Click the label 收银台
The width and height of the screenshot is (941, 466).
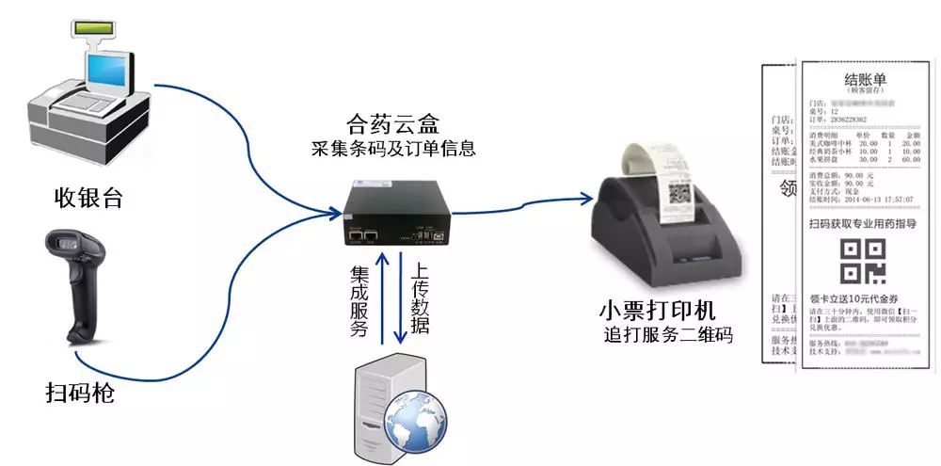(88, 198)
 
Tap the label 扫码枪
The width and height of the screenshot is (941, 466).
(80, 392)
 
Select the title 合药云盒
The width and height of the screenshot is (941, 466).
(392, 123)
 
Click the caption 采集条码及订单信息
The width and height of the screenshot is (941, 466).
(392, 148)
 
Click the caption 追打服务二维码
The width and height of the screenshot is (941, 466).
(668, 334)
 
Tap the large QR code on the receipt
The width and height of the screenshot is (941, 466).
(862, 261)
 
